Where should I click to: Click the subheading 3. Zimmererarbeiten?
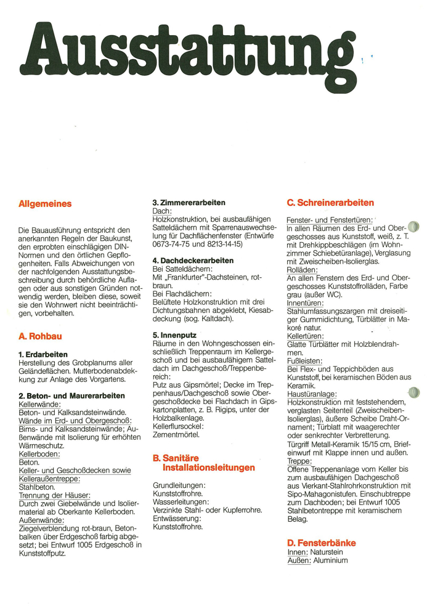(189, 202)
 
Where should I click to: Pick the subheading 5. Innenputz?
(174, 334)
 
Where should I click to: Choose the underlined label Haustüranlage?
(312, 393)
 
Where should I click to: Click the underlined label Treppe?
(299, 461)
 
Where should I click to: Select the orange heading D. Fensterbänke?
(321, 543)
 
